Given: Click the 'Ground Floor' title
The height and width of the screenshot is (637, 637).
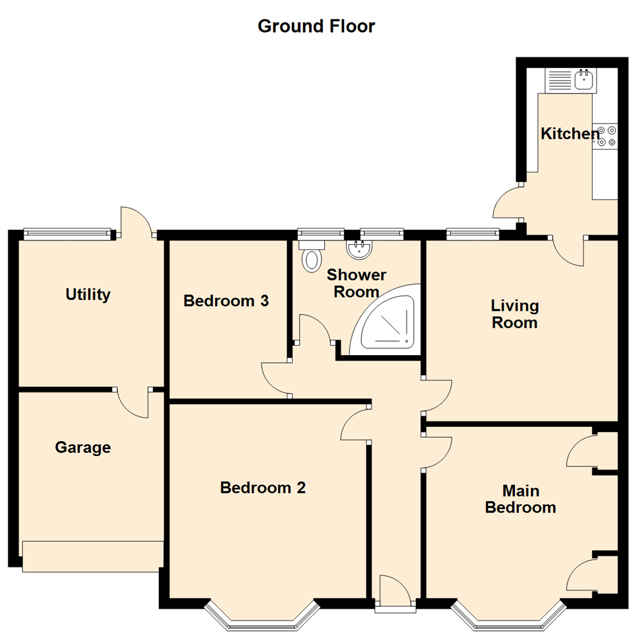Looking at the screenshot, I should [x=316, y=27].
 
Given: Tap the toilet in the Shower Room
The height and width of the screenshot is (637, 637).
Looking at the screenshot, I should [x=311, y=255].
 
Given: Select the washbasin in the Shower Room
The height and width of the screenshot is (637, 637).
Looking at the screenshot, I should [x=359, y=249].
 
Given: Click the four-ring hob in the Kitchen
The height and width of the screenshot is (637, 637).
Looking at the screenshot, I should [x=605, y=136].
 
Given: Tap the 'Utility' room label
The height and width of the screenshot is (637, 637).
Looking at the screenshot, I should [x=88, y=294].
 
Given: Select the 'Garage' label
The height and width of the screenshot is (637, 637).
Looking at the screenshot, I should [x=83, y=448].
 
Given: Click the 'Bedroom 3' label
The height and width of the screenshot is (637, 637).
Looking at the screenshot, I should [x=226, y=301].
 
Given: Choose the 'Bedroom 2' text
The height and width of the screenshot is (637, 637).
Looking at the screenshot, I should [x=262, y=488].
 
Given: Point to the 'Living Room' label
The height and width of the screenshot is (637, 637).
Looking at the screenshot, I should [x=515, y=314].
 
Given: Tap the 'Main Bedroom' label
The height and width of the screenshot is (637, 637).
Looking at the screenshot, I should [x=520, y=498].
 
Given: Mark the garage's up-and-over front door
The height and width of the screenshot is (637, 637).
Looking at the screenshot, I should [x=93, y=556].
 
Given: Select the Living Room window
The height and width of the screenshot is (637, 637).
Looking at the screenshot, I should [x=472, y=234].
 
